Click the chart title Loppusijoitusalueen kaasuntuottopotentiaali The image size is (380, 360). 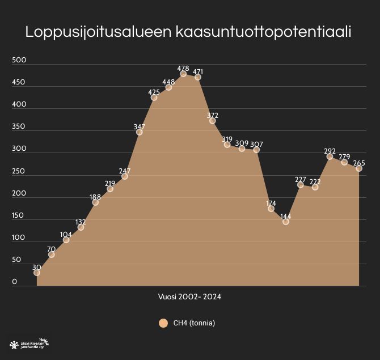tap(188, 32)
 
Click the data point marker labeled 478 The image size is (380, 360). tap(183, 74)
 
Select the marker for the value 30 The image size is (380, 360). tap(37, 273)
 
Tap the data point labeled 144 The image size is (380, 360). tap(286, 222)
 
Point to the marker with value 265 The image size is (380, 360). tap(359, 168)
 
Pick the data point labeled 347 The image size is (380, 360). tap(140, 132)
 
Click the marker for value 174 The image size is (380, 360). tap(271, 209)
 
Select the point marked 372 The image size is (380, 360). tap(213, 121)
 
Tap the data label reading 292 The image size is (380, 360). tap(330, 151)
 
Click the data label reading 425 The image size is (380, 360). tap(154, 92)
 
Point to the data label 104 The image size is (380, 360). tap(66, 234)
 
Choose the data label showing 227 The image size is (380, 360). tap(301, 179)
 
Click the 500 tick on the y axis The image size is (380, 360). tap(19, 60)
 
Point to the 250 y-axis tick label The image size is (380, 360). tap(19, 171)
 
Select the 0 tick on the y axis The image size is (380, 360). tap(15, 282)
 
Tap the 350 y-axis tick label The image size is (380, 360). tap(19, 126)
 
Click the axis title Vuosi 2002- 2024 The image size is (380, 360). tap(189, 297)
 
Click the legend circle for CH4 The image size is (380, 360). tap(163, 323)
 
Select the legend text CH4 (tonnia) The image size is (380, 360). tap(194, 323)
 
